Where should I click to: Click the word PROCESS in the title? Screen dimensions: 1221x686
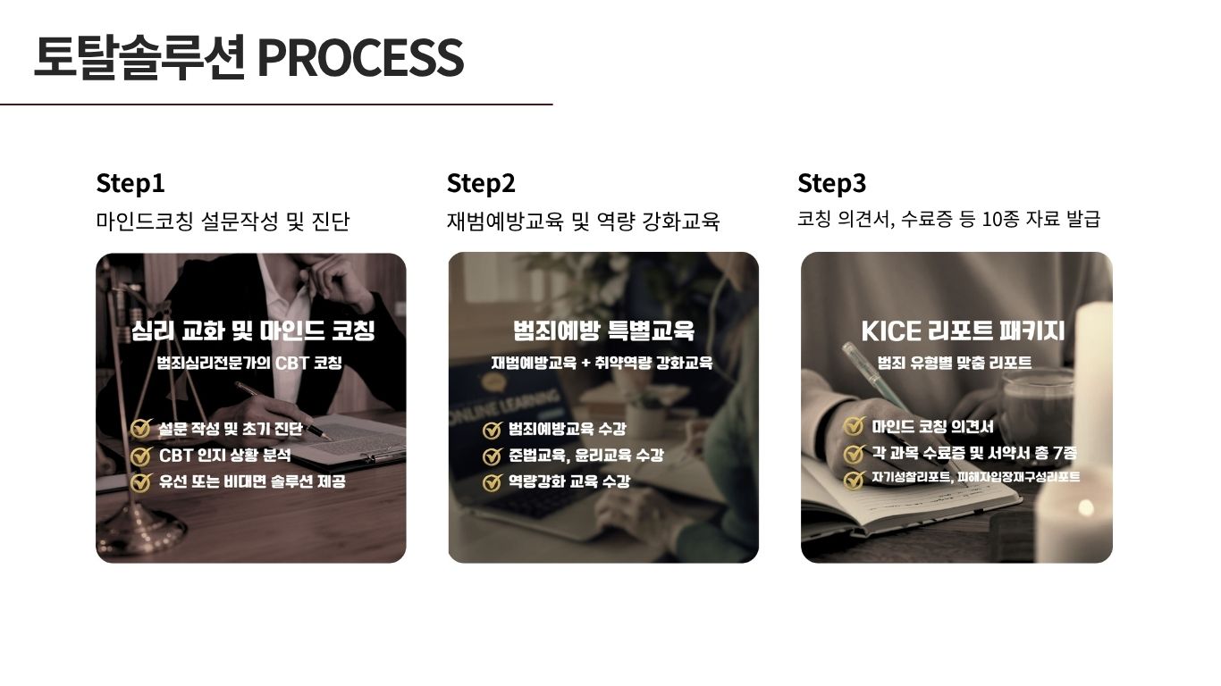pyautogui.click(x=360, y=57)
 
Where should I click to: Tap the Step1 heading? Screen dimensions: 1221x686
pyautogui.click(x=131, y=183)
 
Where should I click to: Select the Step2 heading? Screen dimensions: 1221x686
pyautogui.click(x=481, y=183)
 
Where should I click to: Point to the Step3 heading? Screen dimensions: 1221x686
pyautogui.click(x=831, y=183)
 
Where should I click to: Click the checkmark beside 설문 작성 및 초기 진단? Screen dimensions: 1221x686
pyautogui.click(x=141, y=428)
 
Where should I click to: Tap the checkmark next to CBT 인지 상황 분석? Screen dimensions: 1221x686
pyautogui.click(x=141, y=456)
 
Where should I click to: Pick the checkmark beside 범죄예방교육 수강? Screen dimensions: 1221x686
pyautogui.click(x=493, y=430)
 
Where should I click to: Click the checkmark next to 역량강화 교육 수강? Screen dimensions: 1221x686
pyautogui.click(x=493, y=482)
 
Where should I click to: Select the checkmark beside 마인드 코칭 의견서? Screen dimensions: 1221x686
pyautogui.click(x=854, y=426)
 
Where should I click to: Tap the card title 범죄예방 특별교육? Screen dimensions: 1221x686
pyautogui.click(x=603, y=330)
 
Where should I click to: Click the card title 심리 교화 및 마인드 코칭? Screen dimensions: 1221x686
pyautogui.click(x=253, y=330)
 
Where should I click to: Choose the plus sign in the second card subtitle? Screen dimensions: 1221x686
pyautogui.click(x=585, y=363)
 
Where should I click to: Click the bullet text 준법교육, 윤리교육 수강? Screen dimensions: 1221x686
pyautogui.click(x=586, y=456)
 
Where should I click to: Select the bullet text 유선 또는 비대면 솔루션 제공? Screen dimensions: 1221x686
pyautogui.click(x=252, y=481)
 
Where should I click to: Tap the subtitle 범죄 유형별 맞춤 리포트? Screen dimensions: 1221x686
pyautogui.click(x=954, y=363)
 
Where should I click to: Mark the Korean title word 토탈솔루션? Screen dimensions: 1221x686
pyautogui.click(x=139, y=57)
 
